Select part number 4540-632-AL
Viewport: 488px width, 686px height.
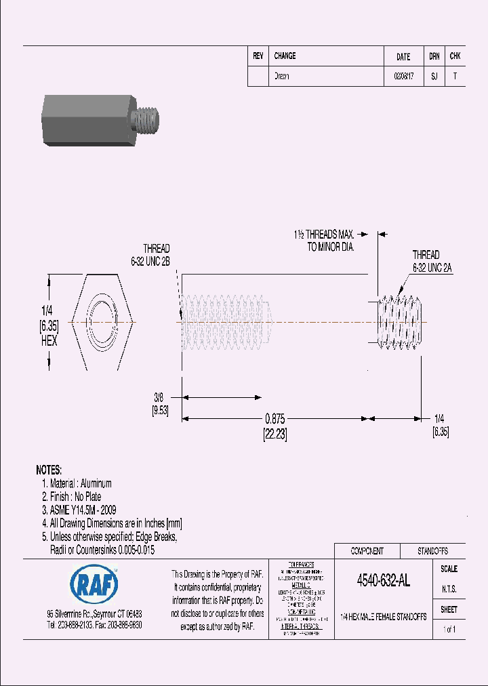(383, 581)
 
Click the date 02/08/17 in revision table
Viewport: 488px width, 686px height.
(403, 77)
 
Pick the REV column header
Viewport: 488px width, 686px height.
(258, 56)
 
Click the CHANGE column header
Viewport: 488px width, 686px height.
(285, 56)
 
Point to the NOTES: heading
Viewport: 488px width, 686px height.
(49, 470)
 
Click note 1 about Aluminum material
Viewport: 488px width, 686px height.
(77, 483)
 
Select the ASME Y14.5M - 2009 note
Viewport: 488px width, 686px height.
(84, 510)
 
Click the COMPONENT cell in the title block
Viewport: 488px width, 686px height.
(367, 551)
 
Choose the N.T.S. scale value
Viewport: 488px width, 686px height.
(449, 589)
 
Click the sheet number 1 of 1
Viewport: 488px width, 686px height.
(449, 630)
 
